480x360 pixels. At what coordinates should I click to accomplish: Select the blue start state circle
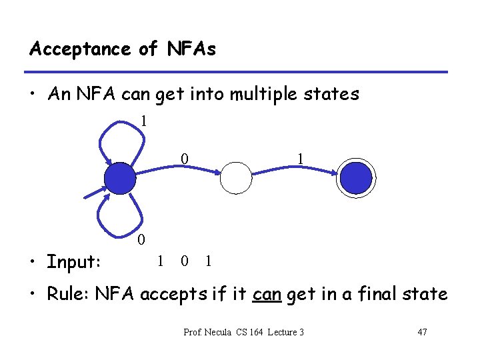[121, 178]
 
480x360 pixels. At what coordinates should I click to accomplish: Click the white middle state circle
[237, 178]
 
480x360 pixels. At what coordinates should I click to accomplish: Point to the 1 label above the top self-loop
[143, 121]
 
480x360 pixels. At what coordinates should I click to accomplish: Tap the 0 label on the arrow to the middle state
[185, 159]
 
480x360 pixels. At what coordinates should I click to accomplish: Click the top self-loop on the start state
[120, 137]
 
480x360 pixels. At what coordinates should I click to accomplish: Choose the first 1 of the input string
[160, 261]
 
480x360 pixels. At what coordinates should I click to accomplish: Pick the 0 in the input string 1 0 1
[184, 261]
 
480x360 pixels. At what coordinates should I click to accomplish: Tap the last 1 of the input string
[209, 261]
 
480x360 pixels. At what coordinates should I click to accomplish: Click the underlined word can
[267, 294]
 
